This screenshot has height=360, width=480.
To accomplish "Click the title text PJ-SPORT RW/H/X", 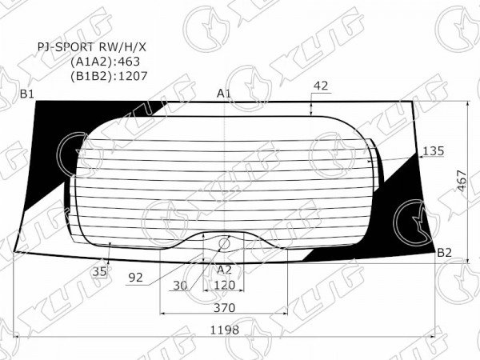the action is click(x=92, y=47).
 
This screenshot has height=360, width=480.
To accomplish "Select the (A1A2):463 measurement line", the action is click(x=105, y=62).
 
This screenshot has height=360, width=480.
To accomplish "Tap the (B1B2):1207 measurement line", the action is click(x=109, y=76).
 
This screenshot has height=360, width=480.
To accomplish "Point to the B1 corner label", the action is click(x=27, y=94).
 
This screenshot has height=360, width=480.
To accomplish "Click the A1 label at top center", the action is click(x=224, y=94).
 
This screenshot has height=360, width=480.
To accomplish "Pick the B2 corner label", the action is click(x=444, y=253).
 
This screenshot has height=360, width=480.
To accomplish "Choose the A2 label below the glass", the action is click(x=224, y=270).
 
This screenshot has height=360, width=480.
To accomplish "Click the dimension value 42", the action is click(x=321, y=86).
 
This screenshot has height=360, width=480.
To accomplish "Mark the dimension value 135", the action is click(x=433, y=151).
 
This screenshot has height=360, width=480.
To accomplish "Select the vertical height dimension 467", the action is click(x=462, y=181).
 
